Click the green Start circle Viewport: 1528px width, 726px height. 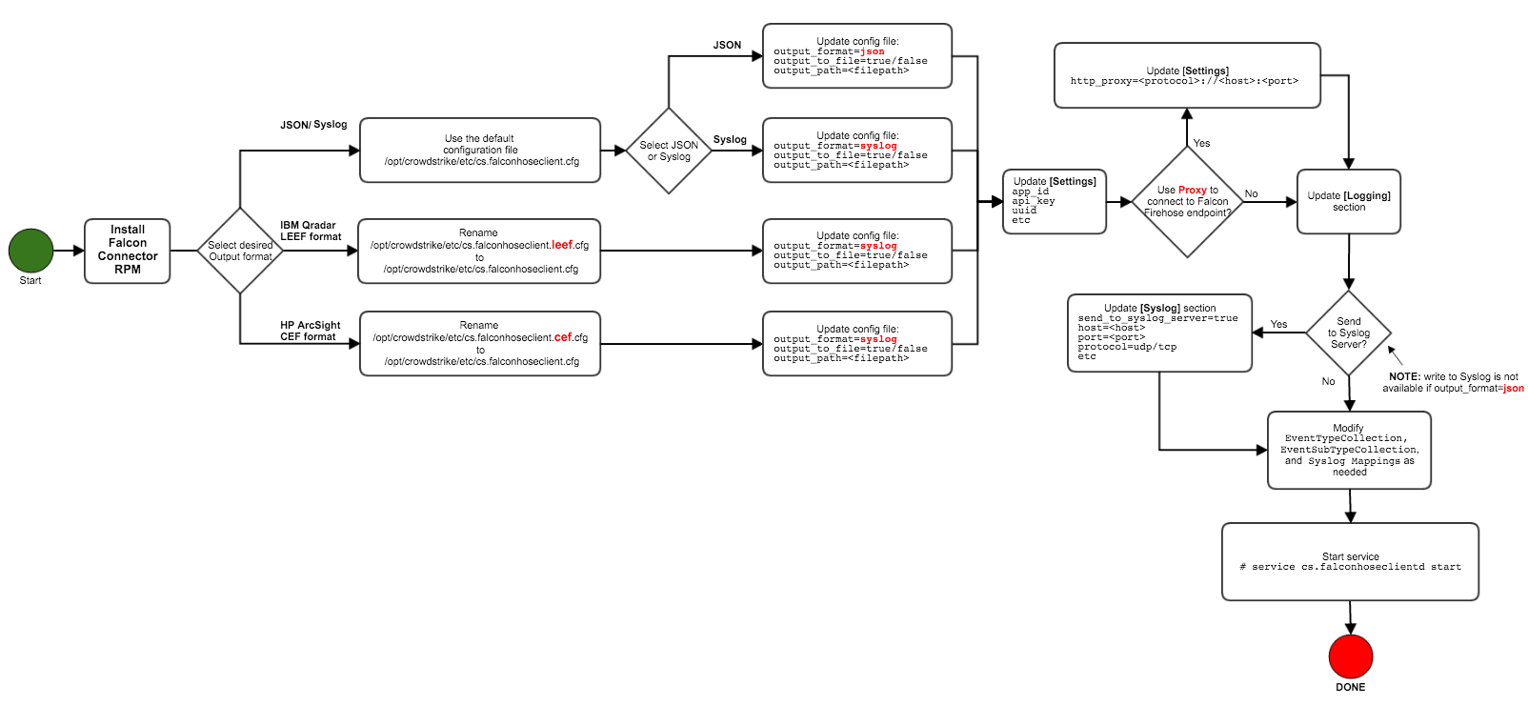(30, 251)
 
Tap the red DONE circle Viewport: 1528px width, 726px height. (1350, 656)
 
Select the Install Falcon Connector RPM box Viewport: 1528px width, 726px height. (128, 251)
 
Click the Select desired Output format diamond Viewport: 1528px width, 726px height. (240, 251)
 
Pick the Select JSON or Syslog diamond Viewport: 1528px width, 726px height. (669, 151)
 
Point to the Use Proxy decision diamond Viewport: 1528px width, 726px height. (1187, 201)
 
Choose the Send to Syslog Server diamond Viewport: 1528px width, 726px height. (1349, 333)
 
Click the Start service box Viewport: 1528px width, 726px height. (1350, 561)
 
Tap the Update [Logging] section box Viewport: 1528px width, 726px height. (1348, 201)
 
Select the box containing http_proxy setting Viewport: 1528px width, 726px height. (1187, 75)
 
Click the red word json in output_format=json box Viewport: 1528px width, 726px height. (873, 51)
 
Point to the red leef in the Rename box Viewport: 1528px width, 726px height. (562, 245)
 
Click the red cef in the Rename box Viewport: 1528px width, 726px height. (563, 337)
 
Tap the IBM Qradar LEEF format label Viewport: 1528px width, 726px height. (310, 231)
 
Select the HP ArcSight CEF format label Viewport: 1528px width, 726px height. (310, 331)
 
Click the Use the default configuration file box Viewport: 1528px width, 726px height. (480, 150)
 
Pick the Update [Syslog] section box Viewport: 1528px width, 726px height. (1159, 333)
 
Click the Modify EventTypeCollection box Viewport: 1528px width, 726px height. (1349, 450)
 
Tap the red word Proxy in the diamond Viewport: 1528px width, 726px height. (1193, 190)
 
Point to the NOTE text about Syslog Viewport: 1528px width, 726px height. (1453, 382)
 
